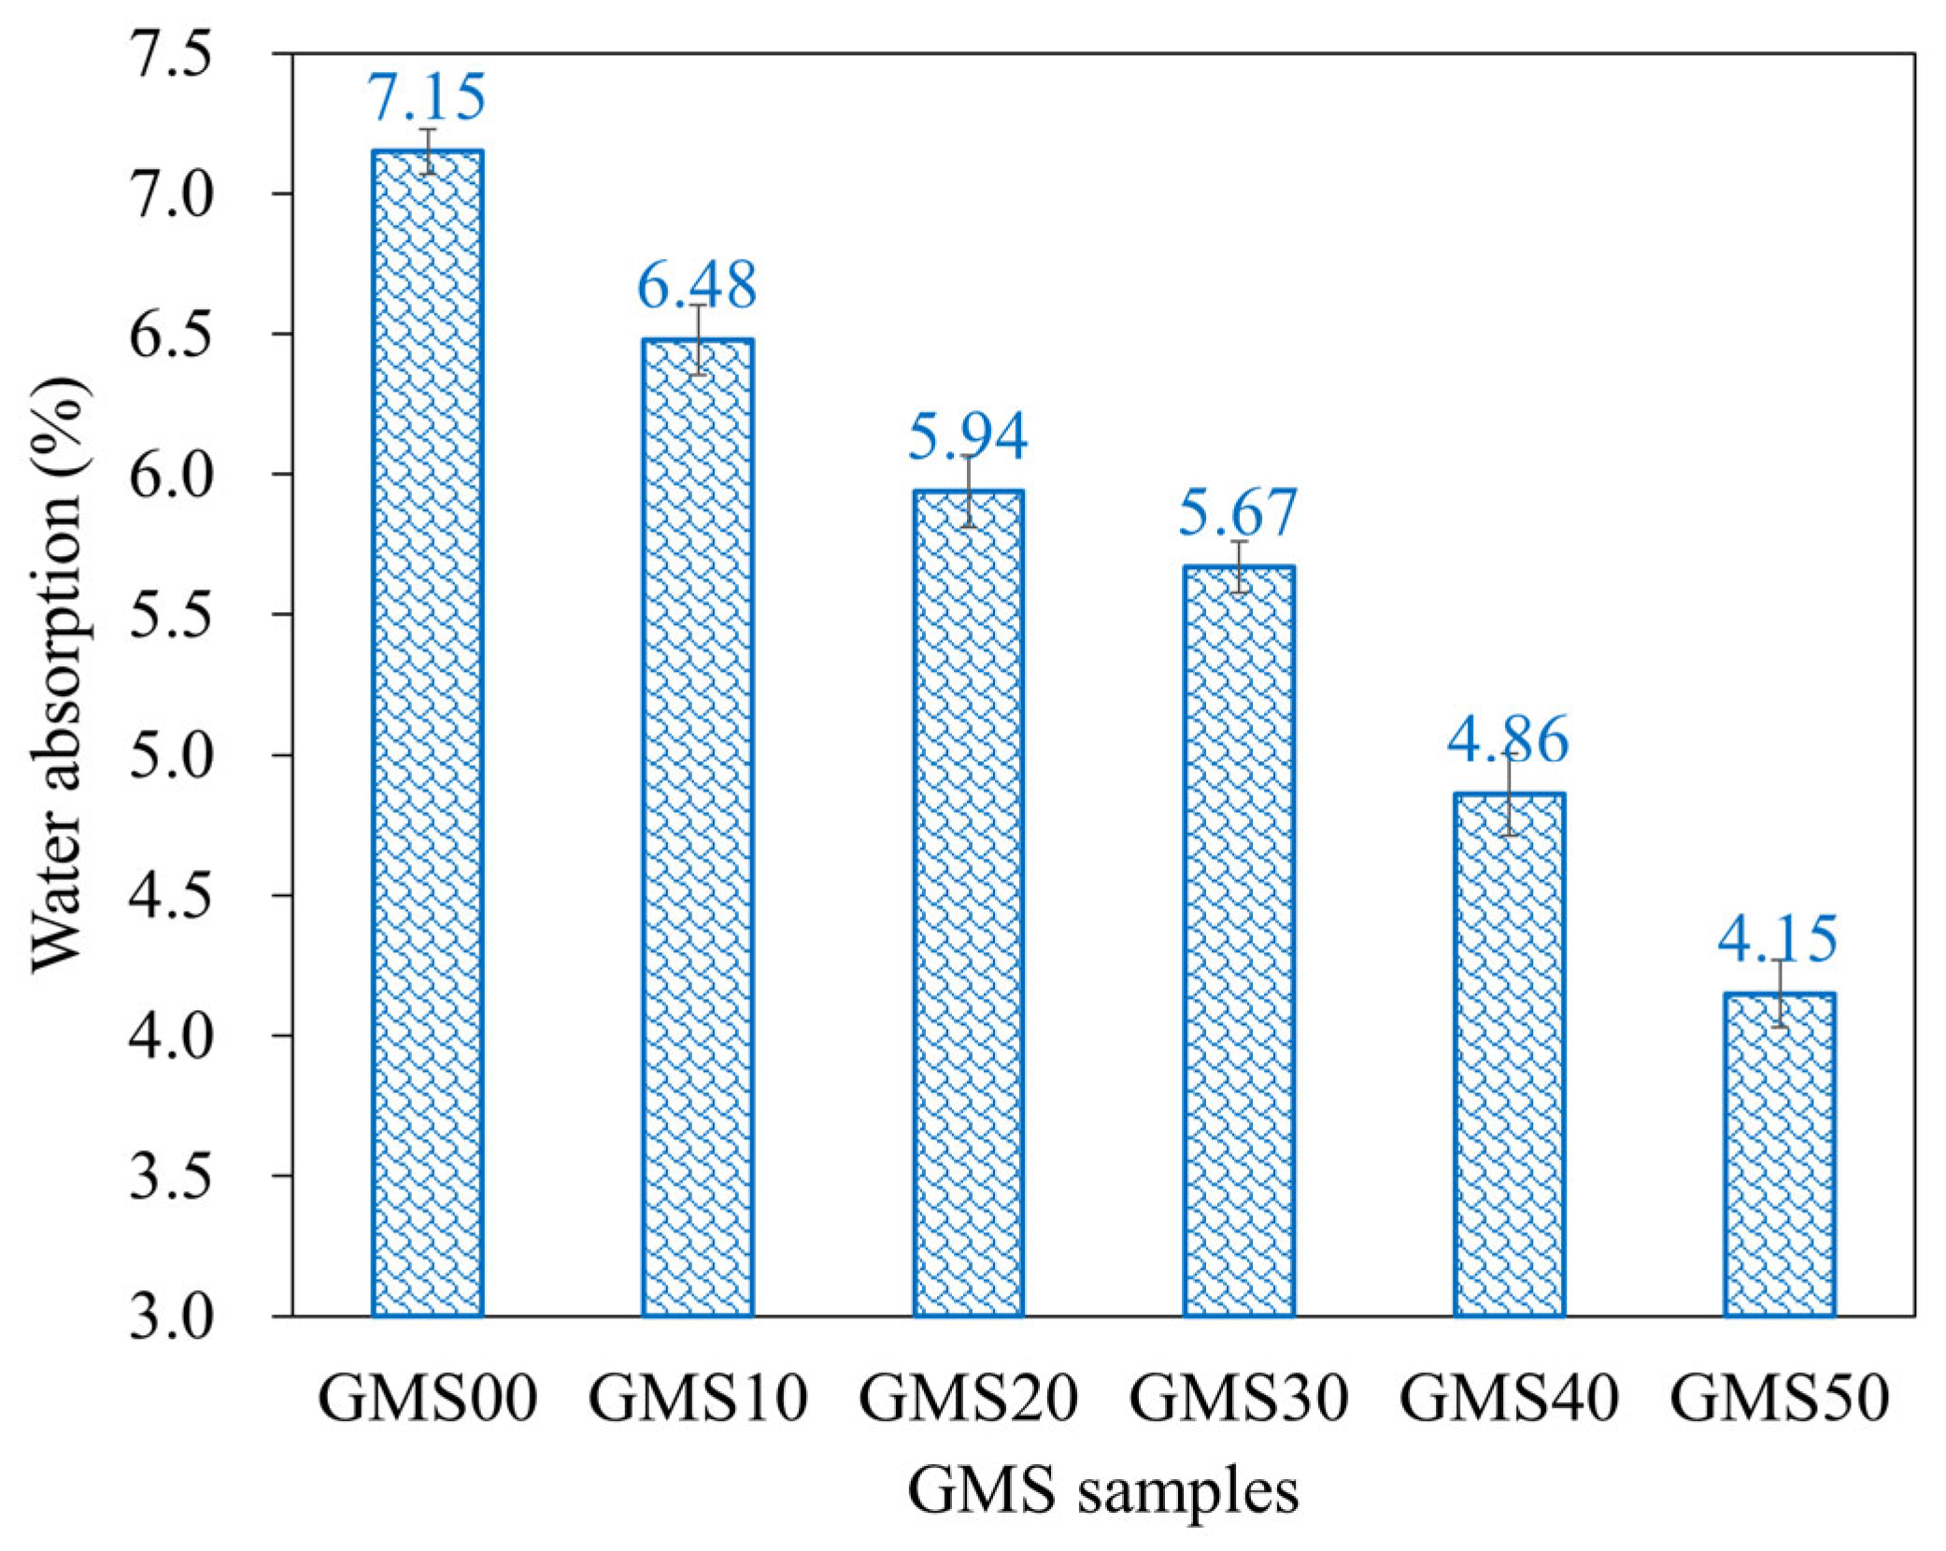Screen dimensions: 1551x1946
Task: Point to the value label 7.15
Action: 427,96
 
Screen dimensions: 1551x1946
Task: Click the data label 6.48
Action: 697,285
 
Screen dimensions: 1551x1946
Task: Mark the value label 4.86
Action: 1508,739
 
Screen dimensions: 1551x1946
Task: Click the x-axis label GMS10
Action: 697,1399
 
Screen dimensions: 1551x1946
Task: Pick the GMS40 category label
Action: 1508,1399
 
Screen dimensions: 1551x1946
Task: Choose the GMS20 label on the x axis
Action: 968,1399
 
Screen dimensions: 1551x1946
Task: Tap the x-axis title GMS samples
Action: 1102,1492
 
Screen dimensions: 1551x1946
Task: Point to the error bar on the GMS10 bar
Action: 698,339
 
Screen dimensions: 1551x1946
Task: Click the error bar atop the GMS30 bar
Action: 1239,566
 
